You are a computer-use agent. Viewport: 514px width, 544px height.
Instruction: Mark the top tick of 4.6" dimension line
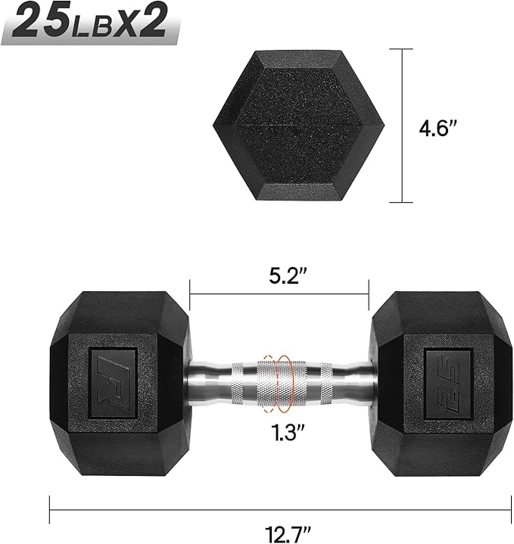[x=401, y=49]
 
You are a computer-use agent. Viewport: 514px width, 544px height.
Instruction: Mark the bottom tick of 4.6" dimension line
[x=401, y=202]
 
